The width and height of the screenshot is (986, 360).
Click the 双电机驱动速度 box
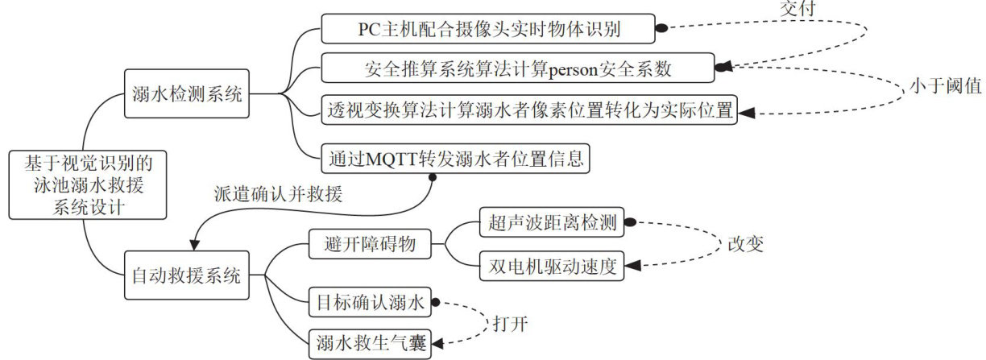click(552, 265)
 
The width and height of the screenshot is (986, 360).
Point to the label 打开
click(510, 323)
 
